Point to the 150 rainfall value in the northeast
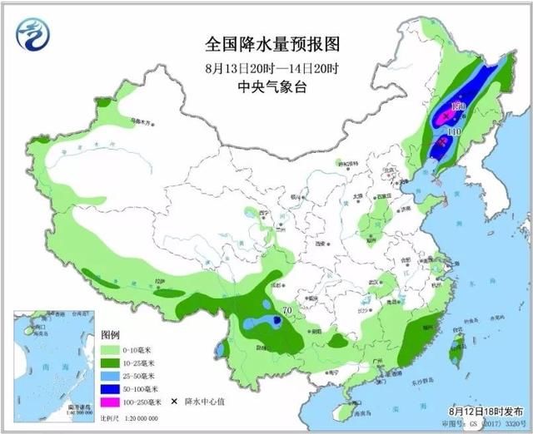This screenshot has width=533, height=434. click(457, 108)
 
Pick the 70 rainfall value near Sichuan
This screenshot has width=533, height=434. click(286, 311)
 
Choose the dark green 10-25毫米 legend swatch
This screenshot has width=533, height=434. click(111, 364)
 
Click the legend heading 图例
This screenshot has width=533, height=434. click(110, 334)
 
